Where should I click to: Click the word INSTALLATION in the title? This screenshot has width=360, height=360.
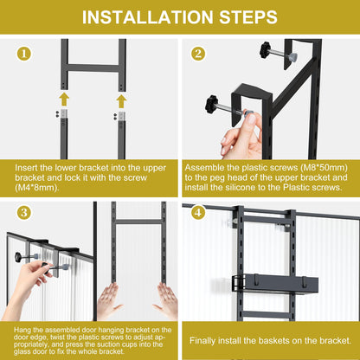[148, 17]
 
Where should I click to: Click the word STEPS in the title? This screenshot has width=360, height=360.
[248, 17]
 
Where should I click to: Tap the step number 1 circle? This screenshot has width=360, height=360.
[24, 54]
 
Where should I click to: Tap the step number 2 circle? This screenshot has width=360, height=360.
[198, 54]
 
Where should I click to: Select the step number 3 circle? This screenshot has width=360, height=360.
[24, 213]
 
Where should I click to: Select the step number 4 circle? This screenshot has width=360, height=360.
[198, 213]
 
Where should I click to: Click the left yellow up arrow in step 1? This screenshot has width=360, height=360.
[64, 100]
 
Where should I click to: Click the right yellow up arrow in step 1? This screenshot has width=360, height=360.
[121, 101]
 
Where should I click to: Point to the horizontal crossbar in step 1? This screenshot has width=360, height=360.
[93, 68]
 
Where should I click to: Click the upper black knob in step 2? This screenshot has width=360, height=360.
[265, 49]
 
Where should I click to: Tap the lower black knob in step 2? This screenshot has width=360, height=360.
[212, 104]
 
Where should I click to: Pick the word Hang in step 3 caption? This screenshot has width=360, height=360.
[21, 330]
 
